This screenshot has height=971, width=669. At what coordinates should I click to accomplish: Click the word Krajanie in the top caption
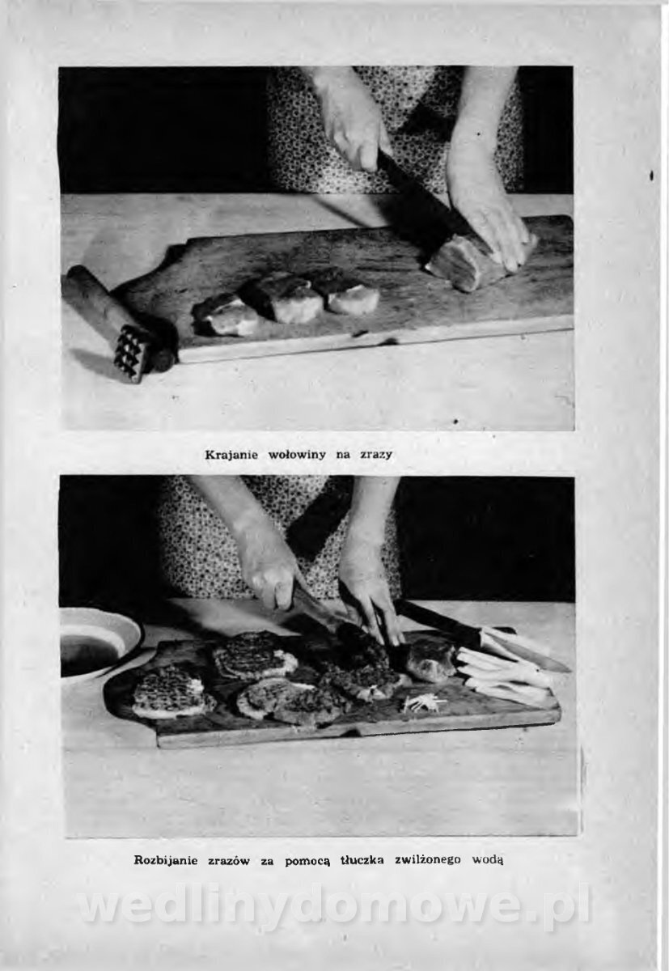[231, 456]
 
